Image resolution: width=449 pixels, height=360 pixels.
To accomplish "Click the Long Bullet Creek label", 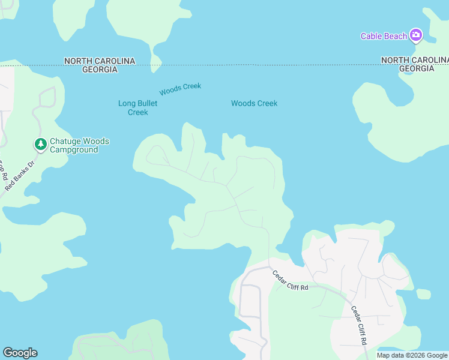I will [x=137, y=108].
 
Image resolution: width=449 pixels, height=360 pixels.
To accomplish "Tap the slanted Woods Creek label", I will [x=180, y=89].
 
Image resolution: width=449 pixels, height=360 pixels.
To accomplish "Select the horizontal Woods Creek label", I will [x=254, y=103].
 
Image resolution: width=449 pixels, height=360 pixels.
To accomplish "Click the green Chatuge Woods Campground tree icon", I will [x=40, y=145].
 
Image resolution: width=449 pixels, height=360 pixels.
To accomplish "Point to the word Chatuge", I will [x=64, y=141].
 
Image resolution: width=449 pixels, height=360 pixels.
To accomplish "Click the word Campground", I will [x=73, y=149].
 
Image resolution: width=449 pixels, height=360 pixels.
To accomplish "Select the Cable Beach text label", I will [x=384, y=36].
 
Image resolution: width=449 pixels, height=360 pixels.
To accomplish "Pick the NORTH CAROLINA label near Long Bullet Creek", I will [x=100, y=61].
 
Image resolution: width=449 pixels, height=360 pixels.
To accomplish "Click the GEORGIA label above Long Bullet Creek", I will [x=100, y=70].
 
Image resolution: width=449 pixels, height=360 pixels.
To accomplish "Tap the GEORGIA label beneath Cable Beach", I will [x=417, y=68].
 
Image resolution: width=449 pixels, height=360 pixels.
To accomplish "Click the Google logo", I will [x=20, y=353].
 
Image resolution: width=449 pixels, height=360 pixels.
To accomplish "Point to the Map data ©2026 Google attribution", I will [x=412, y=355].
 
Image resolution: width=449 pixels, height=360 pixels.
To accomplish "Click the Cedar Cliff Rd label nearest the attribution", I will [x=359, y=325].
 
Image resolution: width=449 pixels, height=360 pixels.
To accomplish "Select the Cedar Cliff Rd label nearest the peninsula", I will [x=290, y=281].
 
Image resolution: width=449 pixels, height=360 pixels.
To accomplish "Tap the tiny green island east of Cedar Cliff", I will [x=423, y=294].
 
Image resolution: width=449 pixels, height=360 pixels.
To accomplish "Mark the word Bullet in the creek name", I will [x=147, y=104].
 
